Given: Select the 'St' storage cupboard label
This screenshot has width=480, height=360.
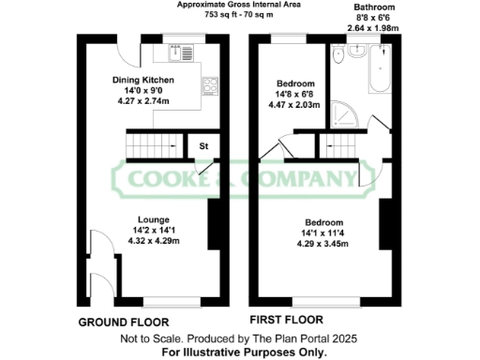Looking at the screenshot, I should [x=202, y=146].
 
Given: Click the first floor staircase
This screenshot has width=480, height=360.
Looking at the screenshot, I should [x=343, y=146].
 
